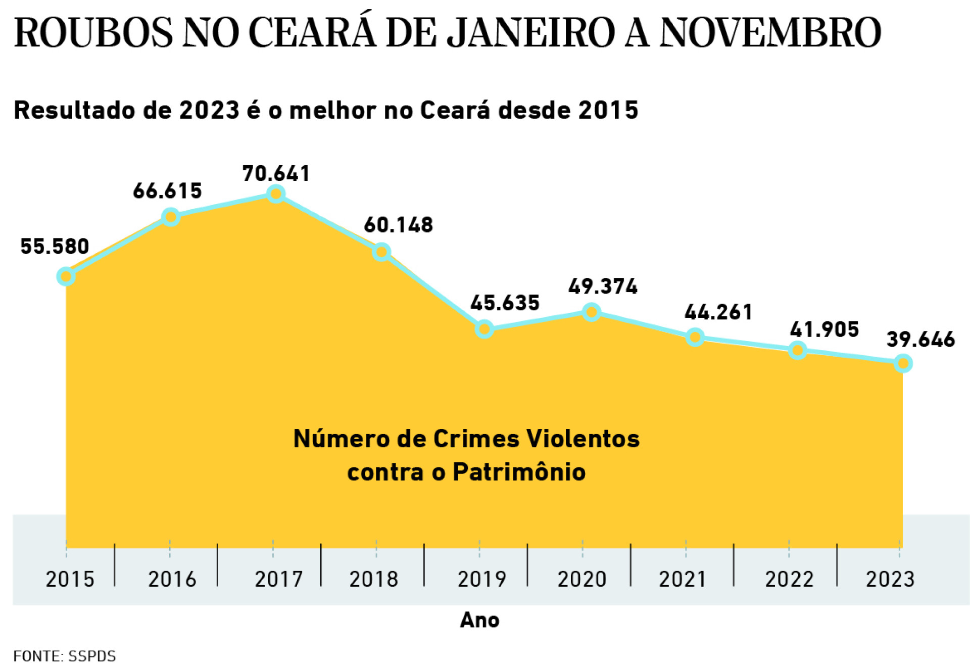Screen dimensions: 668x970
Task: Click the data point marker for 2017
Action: [276, 194]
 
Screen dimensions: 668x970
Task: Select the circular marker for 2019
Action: [484, 329]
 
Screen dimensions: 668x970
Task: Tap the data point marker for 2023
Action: [903, 363]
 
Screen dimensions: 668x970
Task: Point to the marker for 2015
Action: [66, 276]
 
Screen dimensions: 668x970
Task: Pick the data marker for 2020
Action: [591, 312]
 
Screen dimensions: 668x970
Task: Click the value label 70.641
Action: [276, 173]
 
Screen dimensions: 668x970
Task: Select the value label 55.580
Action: [55, 246]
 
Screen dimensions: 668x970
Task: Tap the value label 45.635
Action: [505, 303]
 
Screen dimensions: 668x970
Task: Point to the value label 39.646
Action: [920, 339]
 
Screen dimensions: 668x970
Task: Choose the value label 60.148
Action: [399, 225]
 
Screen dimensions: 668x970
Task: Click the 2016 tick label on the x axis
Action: [172, 579]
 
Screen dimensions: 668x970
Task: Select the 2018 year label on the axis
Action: [373, 579]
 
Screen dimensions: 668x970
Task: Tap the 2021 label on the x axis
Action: [682, 579]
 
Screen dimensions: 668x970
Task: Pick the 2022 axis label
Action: [789, 579]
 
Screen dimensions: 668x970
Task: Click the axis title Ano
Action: [479, 620]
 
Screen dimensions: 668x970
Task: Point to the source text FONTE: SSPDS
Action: [65, 656]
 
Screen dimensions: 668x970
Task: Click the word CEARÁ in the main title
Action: [312, 32]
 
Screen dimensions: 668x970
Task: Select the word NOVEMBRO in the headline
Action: [770, 32]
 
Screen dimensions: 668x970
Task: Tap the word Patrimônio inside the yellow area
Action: [519, 472]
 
